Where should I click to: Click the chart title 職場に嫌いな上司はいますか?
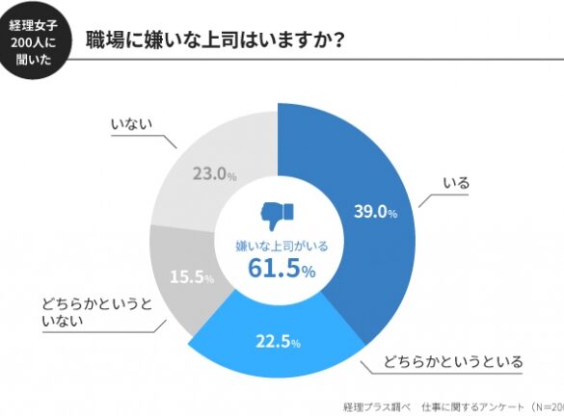point(215,39)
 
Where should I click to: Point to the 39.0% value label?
point(376,211)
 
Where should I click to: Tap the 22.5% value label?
point(278,341)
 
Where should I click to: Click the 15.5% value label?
point(192,276)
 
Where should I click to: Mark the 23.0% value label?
point(215,174)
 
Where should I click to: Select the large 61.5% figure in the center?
point(282,268)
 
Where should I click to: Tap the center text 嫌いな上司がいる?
point(282,247)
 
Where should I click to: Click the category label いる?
point(456,183)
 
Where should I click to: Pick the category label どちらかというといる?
point(453,361)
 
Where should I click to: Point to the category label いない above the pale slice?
point(131,124)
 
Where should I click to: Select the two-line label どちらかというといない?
point(97,312)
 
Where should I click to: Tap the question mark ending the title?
point(337,40)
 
